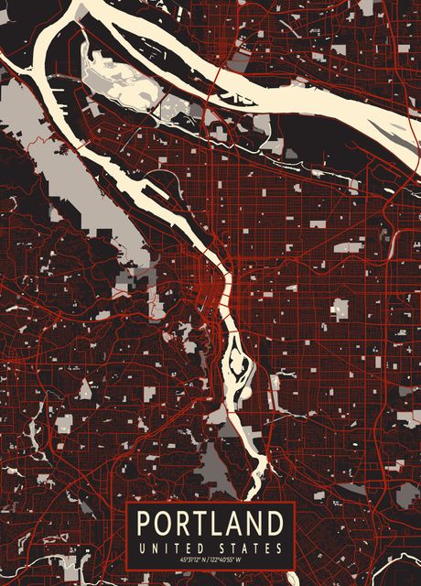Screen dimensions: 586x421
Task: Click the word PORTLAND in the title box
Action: [210, 525]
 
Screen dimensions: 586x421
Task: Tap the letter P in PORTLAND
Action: [145, 525]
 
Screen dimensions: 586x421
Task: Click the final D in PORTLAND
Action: [274, 525]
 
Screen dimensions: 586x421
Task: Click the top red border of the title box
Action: [210, 503]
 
